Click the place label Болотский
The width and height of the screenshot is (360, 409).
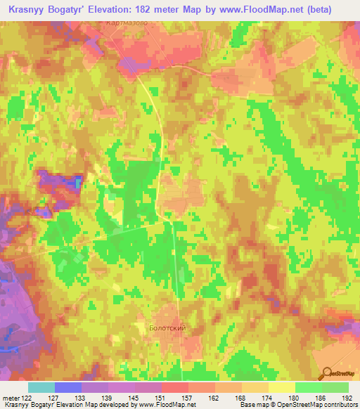click(x=167, y=328)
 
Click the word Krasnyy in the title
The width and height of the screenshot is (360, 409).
click(x=28, y=9)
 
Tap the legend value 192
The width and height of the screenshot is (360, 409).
click(x=347, y=398)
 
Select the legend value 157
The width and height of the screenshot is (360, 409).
click(x=188, y=398)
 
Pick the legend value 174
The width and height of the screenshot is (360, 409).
click(x=268, y=398)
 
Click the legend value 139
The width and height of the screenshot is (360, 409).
click(x=108, y=398)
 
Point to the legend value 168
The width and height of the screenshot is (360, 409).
click(x=241, y=398)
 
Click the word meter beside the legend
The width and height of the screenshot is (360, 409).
click(x=12, y=398)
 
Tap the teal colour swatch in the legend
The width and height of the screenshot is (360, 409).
click(x=41, y=387)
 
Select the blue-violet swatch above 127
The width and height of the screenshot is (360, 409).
click(x=68, y=387)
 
